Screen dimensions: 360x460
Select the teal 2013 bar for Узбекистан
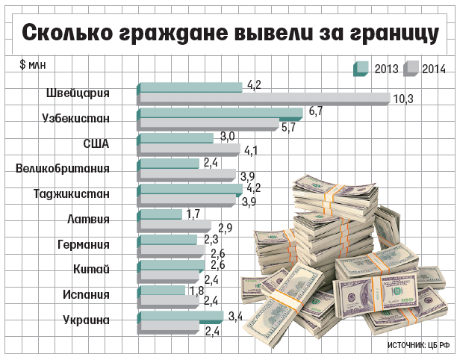click(x=221, y=113)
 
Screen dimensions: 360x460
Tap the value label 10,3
click(x=402, y=99)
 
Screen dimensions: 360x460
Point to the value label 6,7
click(x=314, y=111)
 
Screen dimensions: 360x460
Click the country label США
click(x=96, y=144)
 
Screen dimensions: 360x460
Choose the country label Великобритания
click(x=63, y=168)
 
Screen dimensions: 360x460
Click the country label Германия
click(x=84, y=244)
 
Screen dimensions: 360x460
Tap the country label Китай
click(x=93, y=270)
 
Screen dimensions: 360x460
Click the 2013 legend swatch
click(x=360, y=69)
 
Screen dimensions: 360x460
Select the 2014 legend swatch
click(x=411, y=69)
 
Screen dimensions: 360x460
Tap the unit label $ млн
click(x=33, y=63)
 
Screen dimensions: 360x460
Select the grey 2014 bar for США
click(x=189, y=149)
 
